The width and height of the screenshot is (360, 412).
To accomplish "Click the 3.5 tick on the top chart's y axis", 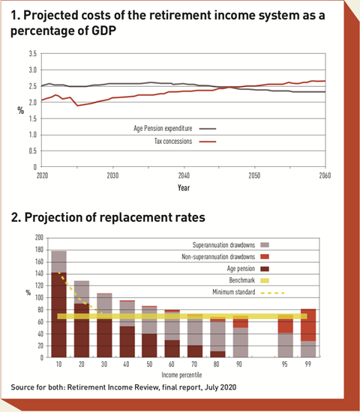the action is pyautogui.click(x=33, y=54).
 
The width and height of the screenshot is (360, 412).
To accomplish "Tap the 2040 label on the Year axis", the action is pyautogui.click(x=184, y=175).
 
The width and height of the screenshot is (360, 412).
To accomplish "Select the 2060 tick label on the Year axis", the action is pyautogui.click(x=325, y=175).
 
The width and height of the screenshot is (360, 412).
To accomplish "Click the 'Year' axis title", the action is pyautogui.click(x=184, y=187).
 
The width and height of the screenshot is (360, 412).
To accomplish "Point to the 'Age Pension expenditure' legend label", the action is pyautogui.click(x=163, y=129).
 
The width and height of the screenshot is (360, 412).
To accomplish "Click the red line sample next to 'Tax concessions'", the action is pyautogui.click(x=208, y=142).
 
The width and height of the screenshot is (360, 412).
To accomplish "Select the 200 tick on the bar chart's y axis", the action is pyautogui.click(x=39, y=237).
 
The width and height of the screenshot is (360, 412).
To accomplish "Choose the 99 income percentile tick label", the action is pyautogui.click(x=308, y=364).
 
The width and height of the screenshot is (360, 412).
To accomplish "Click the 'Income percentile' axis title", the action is pyautogui.click(x=181, y=375).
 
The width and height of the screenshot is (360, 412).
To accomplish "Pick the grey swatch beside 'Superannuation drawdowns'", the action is pyautogui.click(x=265, y=245).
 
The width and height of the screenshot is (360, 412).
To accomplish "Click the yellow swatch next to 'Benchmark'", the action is pyautogui.click(x=265, y=281).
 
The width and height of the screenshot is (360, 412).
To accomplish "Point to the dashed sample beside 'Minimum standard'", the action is pyautogui.click(x=273, y=293).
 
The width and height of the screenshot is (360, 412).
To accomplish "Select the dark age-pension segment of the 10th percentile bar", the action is pyautogui.click(x=59, y=315).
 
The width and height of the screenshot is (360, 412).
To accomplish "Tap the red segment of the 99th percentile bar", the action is pyautogui.click(x=308, y=325).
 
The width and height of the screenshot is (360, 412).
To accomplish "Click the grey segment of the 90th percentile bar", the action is pyautogui.click(x=241, y=342).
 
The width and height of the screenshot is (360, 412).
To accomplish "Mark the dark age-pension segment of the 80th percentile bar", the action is pyautogui.click(x=218, y=354).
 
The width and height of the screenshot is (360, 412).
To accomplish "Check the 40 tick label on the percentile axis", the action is pyautogui.click(x=126, y=364).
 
